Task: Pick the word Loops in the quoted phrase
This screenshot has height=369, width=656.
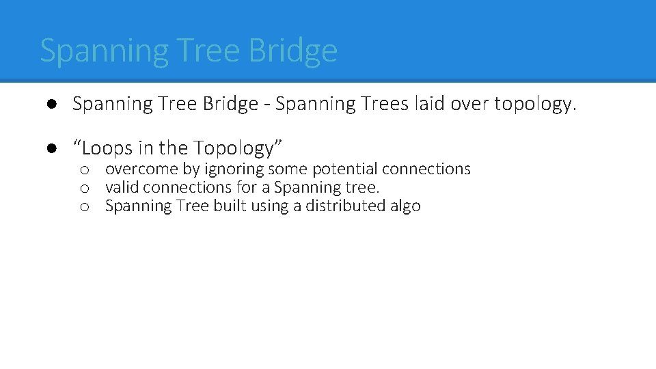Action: coord(107,148)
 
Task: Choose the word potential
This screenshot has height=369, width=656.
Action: coord(345,169)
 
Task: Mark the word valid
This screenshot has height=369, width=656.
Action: coord(122,187)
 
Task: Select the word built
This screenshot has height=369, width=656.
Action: coord(232,206)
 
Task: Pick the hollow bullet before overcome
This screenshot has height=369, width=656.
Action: coord(85,169)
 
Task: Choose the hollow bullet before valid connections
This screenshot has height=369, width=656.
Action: coord(85,188)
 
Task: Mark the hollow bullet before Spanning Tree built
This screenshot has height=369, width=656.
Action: coord(85,206)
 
